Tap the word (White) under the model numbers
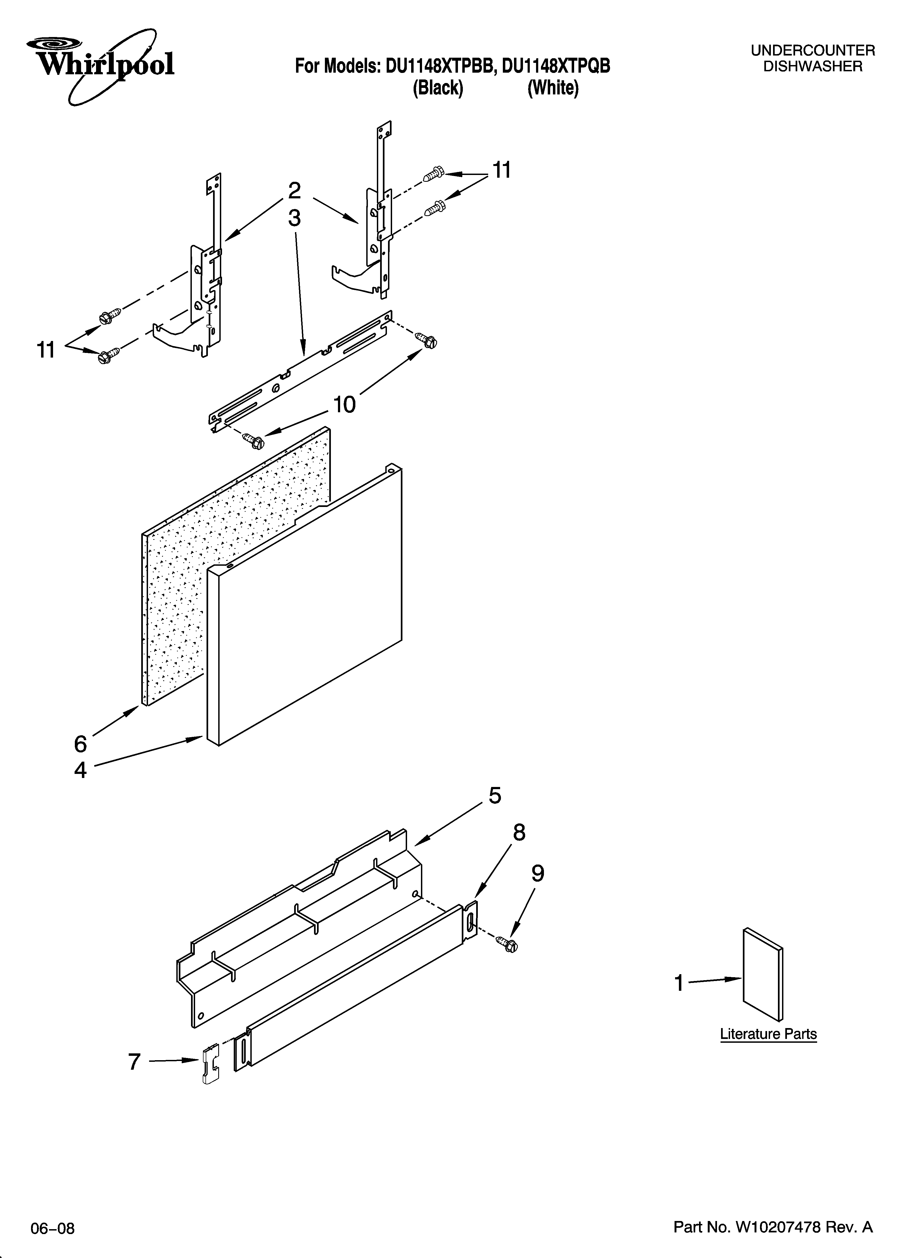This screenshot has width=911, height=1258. [x=553, y=88]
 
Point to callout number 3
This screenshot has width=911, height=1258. [x=294, y=218]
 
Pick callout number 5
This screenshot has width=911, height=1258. [x=495, y=795]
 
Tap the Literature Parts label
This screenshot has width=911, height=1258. [x=768, y=1034]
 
